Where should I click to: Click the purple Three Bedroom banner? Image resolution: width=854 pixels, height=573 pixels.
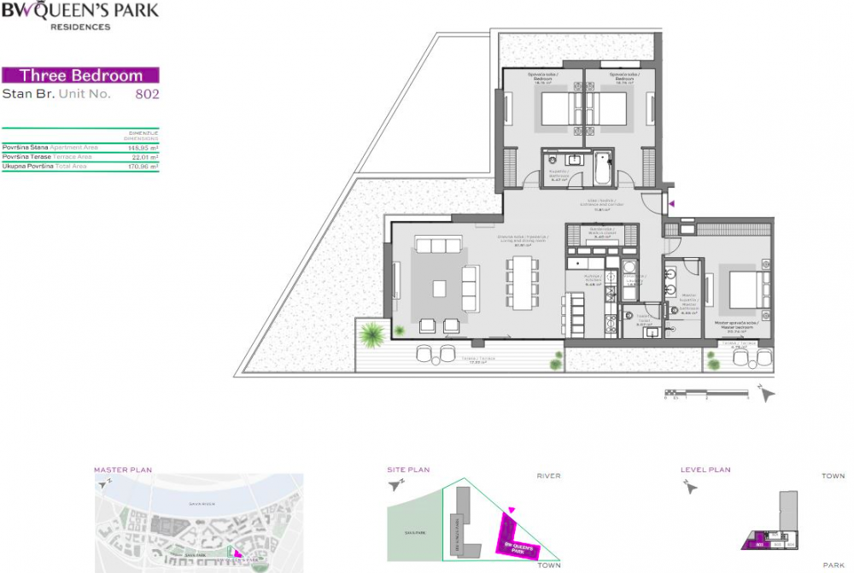(81, 75)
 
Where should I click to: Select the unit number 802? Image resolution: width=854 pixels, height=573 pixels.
(148, 94)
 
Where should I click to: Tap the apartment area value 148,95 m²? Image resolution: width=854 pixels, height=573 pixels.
(143, 148)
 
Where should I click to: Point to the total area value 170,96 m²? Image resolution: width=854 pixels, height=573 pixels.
(143, 167)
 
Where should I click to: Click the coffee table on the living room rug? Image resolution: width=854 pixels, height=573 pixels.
(440, 289)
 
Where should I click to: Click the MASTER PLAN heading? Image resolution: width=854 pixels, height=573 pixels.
(123, 470)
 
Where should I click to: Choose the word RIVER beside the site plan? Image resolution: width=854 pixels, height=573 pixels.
(548, 476)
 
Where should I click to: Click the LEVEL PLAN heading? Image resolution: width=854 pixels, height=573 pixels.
(705, 470)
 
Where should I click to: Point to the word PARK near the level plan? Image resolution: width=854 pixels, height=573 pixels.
(833, 565)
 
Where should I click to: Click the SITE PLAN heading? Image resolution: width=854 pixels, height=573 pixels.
(409, 470)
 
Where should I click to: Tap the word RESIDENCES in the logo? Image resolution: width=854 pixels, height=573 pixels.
(80, 27)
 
